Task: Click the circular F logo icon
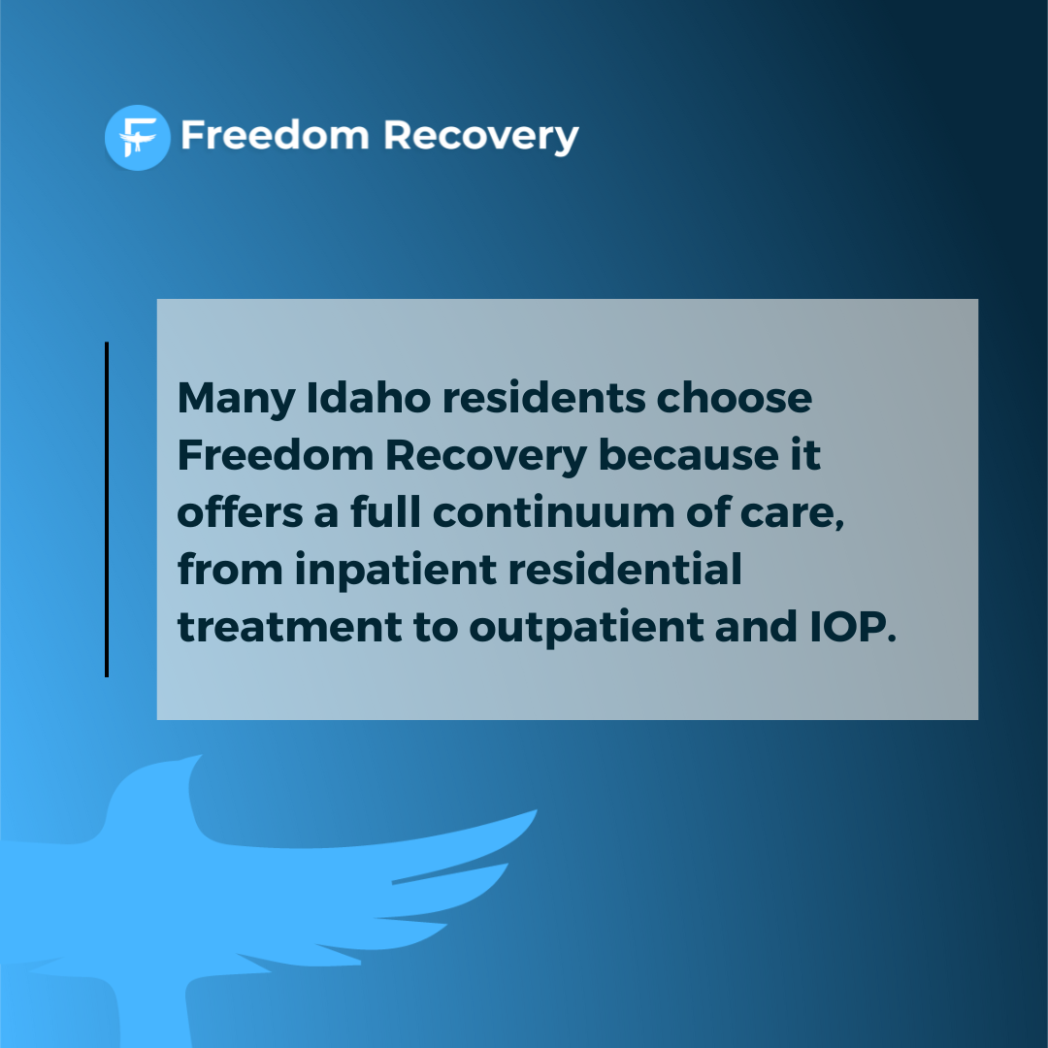coord(137,137)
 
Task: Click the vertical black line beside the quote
coord(107,509)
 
